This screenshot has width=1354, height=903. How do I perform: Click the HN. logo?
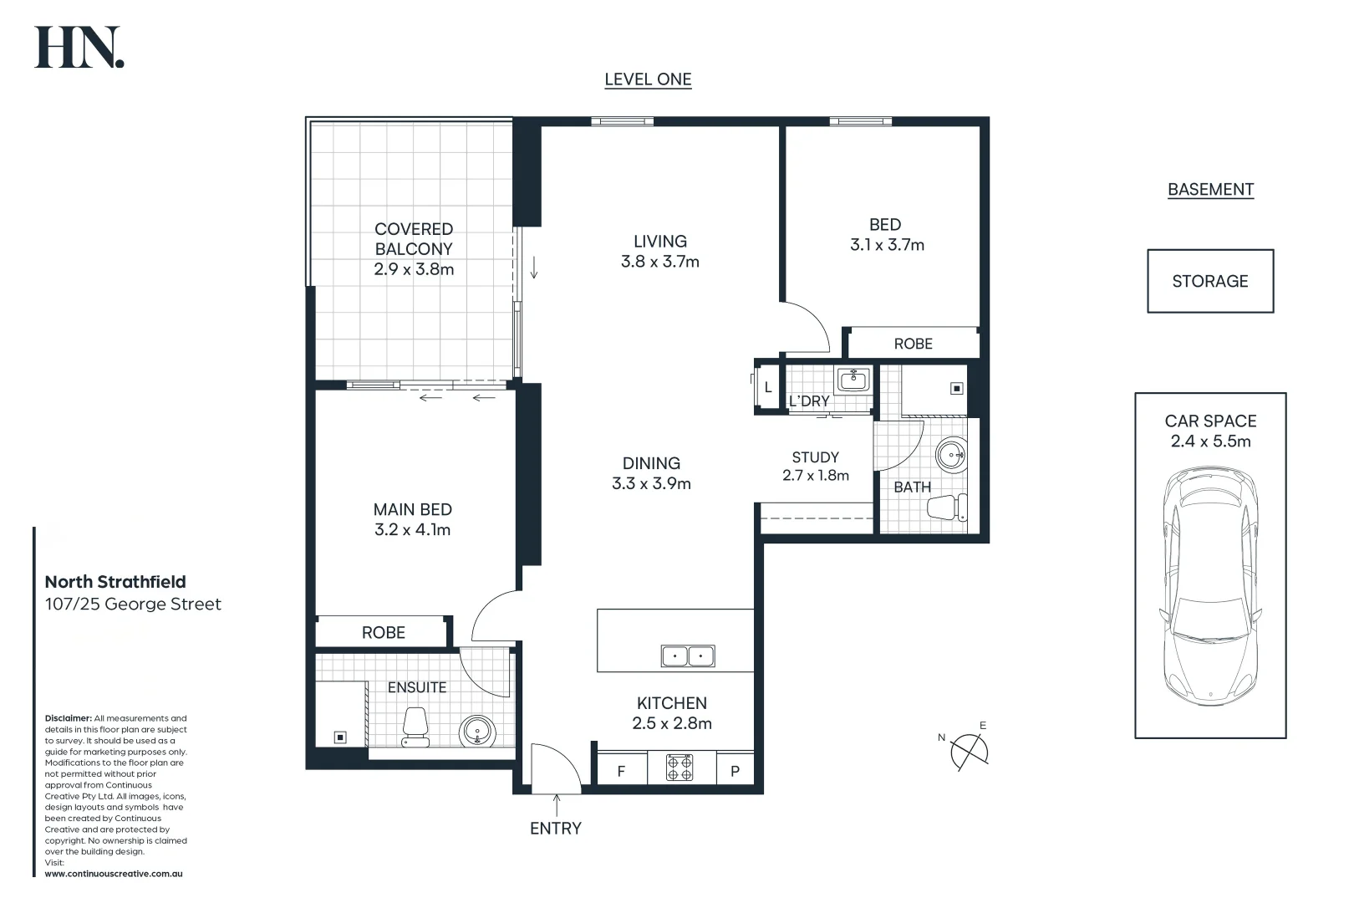click(x=79, y=47)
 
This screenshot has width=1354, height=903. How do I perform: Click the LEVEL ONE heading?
click(x=648, y=79)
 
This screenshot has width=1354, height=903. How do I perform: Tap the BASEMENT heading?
click(x=1211, y=189)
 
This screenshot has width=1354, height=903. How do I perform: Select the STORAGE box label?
click(x=1210, y=281)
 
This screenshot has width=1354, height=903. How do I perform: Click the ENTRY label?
click(x=556, y=828)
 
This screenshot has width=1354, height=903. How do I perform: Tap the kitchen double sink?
click(x=688, y=656)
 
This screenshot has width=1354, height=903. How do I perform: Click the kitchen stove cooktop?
click(x=680, y=768)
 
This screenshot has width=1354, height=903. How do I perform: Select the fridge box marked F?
click(x=622, y=768)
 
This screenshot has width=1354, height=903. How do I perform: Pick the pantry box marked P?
click(x=735, y=768)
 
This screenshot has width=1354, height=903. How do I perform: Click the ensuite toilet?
click(x=415, y=727)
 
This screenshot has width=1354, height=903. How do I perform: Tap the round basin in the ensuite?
click(x=477, y=732)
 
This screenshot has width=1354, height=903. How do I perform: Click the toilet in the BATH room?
click(x=947, y=508)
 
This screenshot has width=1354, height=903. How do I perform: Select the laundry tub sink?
click(x=853, y=380)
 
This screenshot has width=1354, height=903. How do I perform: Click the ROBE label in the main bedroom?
click(x=384, y=633)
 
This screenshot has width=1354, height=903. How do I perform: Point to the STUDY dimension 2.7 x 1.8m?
click(x=816, y=476)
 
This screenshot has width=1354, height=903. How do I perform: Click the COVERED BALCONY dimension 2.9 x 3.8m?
click(x=414, y=269)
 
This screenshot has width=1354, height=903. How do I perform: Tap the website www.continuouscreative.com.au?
click(x=114, y=874)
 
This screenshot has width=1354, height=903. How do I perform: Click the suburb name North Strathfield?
click(x=115, y=582)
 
